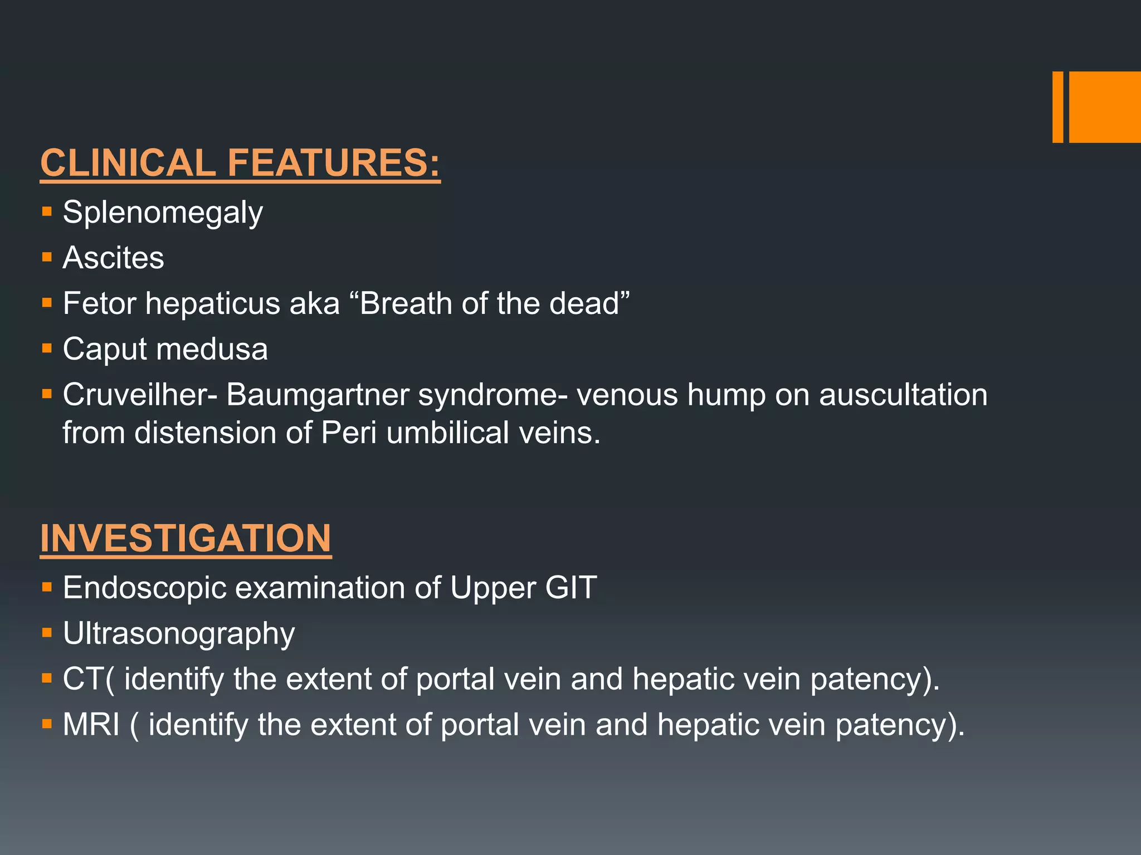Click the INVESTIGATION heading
186,538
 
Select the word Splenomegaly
163,213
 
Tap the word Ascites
114,258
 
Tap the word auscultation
903,395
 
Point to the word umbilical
447,433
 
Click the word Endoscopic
144,588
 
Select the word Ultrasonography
179,634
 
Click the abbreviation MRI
91,725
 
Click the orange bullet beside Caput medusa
47,349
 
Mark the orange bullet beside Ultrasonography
47,633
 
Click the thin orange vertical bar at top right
1057,107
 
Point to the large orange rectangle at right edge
1105,107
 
